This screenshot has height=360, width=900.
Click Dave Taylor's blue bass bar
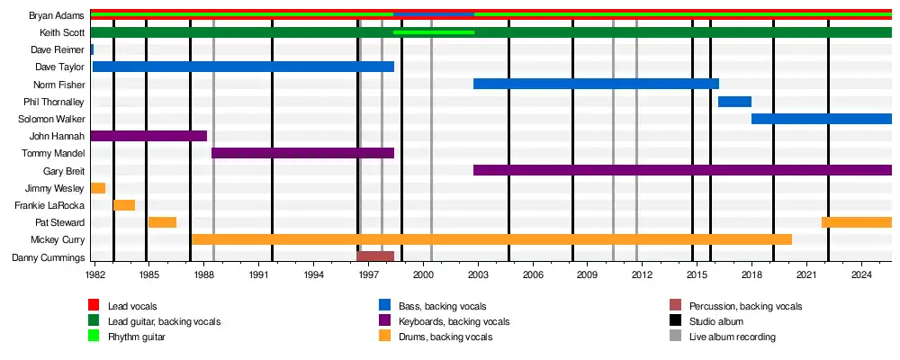click(x=243, y=67)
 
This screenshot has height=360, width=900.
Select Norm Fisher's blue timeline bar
click(x=596, y=84)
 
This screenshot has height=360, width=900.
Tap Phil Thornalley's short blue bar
click(x=734, y=101)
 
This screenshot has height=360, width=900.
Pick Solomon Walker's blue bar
click(x=821, y=119)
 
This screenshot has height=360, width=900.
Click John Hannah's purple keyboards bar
click(x=148, y=136)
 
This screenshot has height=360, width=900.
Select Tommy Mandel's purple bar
click(x=302, y=153)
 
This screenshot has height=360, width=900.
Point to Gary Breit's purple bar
click(x=682, y=170)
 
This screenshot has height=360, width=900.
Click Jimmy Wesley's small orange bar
click(x=98, y=188)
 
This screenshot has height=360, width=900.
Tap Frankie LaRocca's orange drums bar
click(x=124, y=205)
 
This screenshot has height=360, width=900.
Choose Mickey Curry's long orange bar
click(x=491, y=239)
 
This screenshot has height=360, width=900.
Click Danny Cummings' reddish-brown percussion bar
click(x=375, y=256)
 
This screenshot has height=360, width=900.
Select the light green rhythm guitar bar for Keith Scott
click(x=434, y=32)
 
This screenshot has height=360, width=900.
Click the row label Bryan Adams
click(x=57, y=15)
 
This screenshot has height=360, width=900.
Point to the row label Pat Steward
click(x=59, y=222)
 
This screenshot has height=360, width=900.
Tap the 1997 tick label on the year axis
click(x=368, y=273)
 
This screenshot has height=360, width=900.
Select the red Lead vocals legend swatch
click(x=94, y=306)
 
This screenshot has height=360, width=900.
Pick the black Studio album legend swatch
click(x=676, y=321)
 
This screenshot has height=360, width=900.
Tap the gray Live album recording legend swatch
click(x=676, y=337)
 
